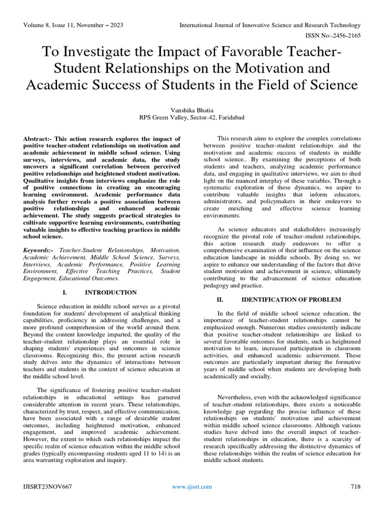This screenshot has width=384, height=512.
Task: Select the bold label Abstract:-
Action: coord(39,138)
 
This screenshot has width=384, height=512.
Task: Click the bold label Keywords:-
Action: coord(40,249)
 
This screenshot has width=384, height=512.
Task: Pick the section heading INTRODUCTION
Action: coord(110,292)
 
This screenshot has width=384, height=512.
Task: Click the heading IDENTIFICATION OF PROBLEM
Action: coord(291,299)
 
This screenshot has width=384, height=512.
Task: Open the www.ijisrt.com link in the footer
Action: coord(191,486)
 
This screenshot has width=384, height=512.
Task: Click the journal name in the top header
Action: coord(270,25)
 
